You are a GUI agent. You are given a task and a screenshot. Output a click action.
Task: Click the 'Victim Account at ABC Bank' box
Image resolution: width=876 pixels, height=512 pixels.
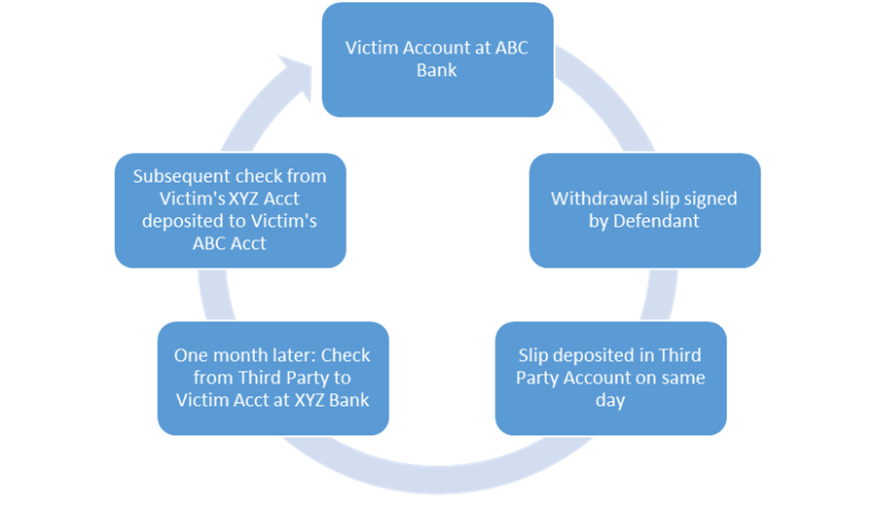pos(437,59)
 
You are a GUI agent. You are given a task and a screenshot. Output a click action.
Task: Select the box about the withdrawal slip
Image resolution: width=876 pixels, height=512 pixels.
pos(644,210)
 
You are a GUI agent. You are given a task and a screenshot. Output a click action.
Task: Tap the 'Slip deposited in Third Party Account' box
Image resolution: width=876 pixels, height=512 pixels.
pos(610,378)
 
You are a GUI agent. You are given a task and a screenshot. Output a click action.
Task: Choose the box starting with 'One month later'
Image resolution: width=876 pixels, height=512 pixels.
pos(273,378)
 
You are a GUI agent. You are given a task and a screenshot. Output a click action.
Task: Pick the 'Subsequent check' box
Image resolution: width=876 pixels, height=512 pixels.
pos(230,210)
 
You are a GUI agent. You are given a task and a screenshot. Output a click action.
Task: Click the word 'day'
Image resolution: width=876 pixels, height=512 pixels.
pos(610,400)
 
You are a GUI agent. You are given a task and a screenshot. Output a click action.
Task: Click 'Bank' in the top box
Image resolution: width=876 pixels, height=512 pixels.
pos(437,71)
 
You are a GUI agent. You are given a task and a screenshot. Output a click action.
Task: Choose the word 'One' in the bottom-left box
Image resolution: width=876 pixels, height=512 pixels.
pos(191,355)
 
